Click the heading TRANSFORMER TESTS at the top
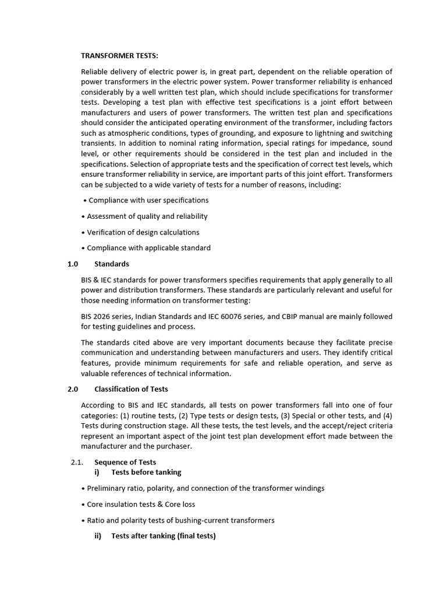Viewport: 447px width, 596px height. pyautogui.click(x=119, y=55)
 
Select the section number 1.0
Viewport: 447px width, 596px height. pyautogui.click(x=73, y=264)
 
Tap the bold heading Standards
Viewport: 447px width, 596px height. pyautogui.click(x=112, y=264)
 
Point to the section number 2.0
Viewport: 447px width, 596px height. pyautogui.click(x=73, y=389)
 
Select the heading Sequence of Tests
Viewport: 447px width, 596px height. pyautogui.click(x=125, y=462)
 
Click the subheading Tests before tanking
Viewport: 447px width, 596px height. pyautogui.click(x=146, y=472)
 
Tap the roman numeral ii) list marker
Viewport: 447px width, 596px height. pyautogui.click(x=98, y=535)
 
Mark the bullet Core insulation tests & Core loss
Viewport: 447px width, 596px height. pyautogui.click(x=141, y=504)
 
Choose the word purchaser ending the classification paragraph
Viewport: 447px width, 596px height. pyautogui.click(x=172, y=446)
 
